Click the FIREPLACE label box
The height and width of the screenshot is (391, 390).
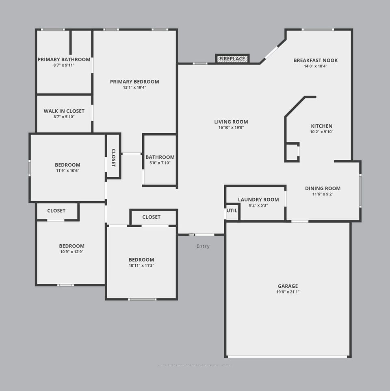[x=232, y=59]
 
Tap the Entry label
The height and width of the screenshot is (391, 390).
[x=203, y=246]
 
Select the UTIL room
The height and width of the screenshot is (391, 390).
[x=232, y=211]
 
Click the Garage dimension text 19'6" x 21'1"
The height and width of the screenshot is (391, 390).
[x=288, y=292]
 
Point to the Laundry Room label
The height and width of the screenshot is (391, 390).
[x=258, y=200]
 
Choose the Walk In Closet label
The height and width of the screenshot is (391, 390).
[x=64, y=111]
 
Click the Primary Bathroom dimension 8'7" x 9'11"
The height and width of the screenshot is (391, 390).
[x=64, y=65]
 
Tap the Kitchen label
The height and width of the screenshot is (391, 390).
[x=321, y=126]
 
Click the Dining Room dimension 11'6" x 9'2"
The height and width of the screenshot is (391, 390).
[x=323, y=194]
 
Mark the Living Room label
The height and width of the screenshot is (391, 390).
[x=231, y=122]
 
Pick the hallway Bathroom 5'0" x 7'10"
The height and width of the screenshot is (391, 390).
[x=160, y=160]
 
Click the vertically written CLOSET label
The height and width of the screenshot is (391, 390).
[x=113, y=158]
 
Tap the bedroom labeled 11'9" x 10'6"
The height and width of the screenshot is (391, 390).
[x=67, y=168]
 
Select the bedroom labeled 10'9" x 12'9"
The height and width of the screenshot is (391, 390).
[x=71, y=249]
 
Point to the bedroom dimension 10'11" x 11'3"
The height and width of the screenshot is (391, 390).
[x=141, y=265]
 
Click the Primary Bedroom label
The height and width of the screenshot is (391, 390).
[x=134, y=82]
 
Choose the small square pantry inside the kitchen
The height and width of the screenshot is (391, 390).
[x=292, y=152]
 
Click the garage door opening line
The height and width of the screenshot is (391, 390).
[x=288, y=356]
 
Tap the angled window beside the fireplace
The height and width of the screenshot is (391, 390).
[x=271, y=52]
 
